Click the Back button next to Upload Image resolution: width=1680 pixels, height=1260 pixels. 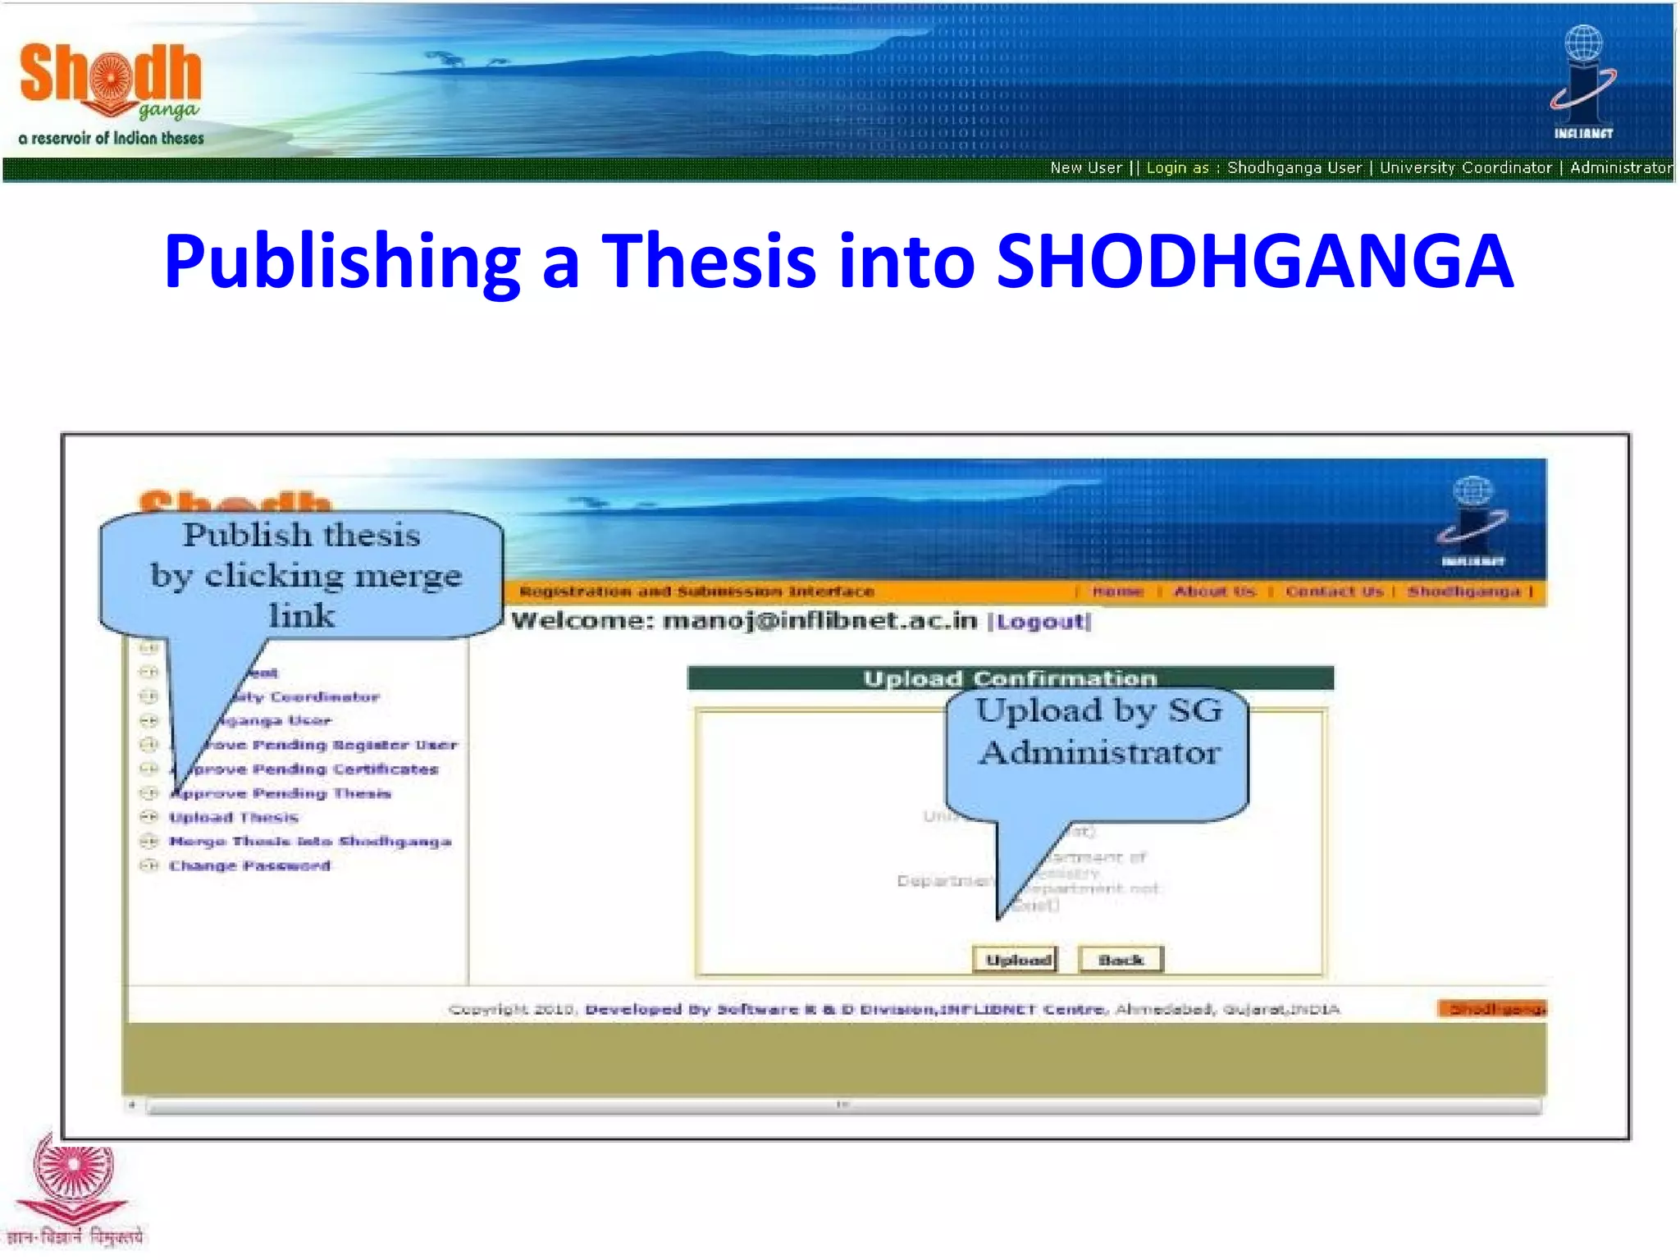coord(1121,959)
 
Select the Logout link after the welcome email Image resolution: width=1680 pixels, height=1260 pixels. coord(1040,621)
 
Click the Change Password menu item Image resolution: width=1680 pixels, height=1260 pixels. coord(249,865)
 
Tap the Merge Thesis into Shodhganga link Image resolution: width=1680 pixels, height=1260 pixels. coord(310,841)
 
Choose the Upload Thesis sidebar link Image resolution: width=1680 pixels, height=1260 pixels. coord(234,817)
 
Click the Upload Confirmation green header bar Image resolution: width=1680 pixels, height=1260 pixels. coord(1010,678)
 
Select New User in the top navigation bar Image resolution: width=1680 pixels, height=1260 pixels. coord(1085,167)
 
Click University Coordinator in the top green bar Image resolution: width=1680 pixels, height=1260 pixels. coord(1465,167)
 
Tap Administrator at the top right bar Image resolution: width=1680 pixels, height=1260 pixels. coord(1620,167)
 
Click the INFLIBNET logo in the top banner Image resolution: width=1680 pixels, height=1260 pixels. coord(1583,82)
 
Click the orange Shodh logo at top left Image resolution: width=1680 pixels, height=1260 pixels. coord(110,78)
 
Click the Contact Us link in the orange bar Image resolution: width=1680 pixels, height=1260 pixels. coord(1334,591)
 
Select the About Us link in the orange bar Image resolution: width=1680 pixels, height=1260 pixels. coord(1214,591)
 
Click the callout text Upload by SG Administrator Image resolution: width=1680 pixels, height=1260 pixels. coord(1098,732)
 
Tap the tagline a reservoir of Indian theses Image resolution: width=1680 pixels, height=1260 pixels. coord(112,138)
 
